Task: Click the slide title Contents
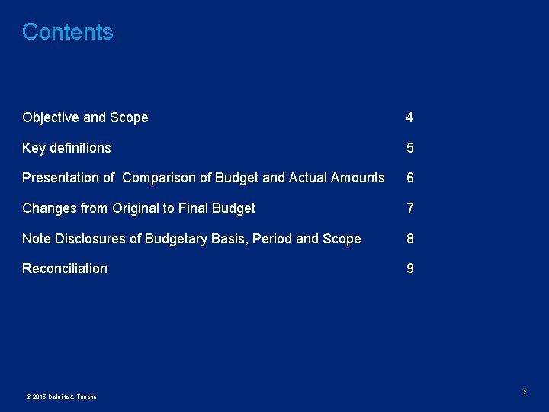pyautogui.click(x=67, y=32)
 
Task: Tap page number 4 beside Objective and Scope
pyautogui.click(x=409, y=117)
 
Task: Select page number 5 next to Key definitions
pyautogui.click(x=409, y=148)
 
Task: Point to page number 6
pyautogui.click(x=409, y=178)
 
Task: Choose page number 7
pyautogui.click(x=409, y=208)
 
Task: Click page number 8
pyautogui.click(x=409, y=239)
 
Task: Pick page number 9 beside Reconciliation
pyautogui.click(x=409, y=269)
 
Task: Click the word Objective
pyautogui.click(x=50, y=117)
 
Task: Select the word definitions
pyautogui.click(x=81, y=148)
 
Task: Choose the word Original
pyautogui.click(x=135, y=208)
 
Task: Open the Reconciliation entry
pyautogui.click(x=65, y=269)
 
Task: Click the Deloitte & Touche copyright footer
pyautogui.click(x=61, y=397)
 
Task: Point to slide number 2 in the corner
pyautogui.click(x=525, y=392)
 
